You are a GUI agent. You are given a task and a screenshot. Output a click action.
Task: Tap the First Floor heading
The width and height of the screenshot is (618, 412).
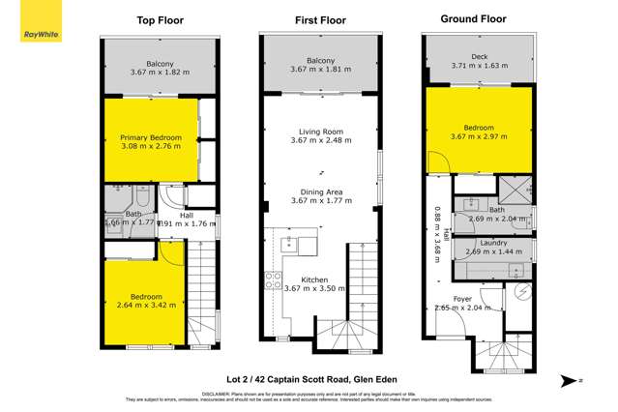point(319,19)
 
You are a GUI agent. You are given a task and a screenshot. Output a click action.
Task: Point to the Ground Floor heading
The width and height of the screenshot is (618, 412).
point(474,18)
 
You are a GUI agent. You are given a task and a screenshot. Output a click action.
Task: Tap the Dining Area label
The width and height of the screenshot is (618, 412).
point(319,190)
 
